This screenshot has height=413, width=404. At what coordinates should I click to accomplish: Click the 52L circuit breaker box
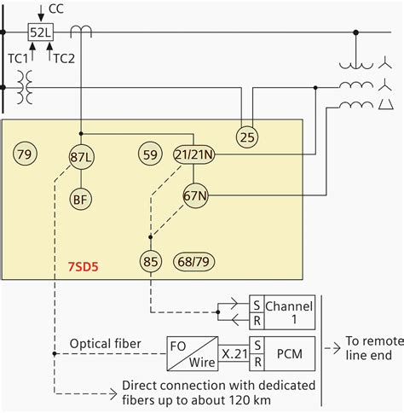point(40,32)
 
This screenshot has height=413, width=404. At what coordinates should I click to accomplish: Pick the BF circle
point(80,198)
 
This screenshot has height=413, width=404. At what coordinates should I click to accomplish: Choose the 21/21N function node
point(195,154)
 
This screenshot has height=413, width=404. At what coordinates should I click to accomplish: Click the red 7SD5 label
point(83,267)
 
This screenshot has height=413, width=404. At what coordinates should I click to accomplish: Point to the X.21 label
point(234,351)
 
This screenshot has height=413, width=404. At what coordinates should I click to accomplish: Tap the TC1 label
point(17,58)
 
